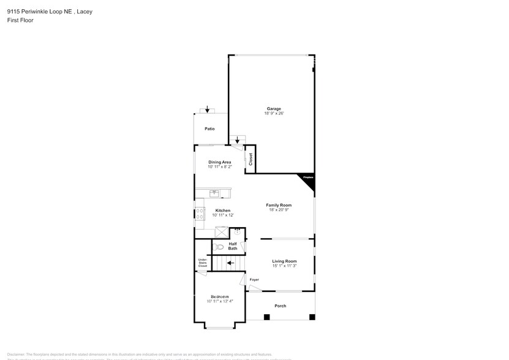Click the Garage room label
point(273,109)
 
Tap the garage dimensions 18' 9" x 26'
point(273,114)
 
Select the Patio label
point(209,129)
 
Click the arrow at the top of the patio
point(208,110)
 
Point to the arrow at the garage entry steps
point(238,140)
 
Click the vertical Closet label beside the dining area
point(251,159)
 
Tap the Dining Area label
point(219,162)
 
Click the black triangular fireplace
point(308,179)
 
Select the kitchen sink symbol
point(214,193)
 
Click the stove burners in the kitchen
point(200,214)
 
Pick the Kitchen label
point(222,211)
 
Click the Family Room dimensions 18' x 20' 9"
point(279,210)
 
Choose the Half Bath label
point(233,246)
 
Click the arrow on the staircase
point(230,264)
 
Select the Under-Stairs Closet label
point(202,263)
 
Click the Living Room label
point(284,261)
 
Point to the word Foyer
point(254,280)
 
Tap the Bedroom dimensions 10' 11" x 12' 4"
point(219,301)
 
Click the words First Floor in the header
point(20,20)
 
